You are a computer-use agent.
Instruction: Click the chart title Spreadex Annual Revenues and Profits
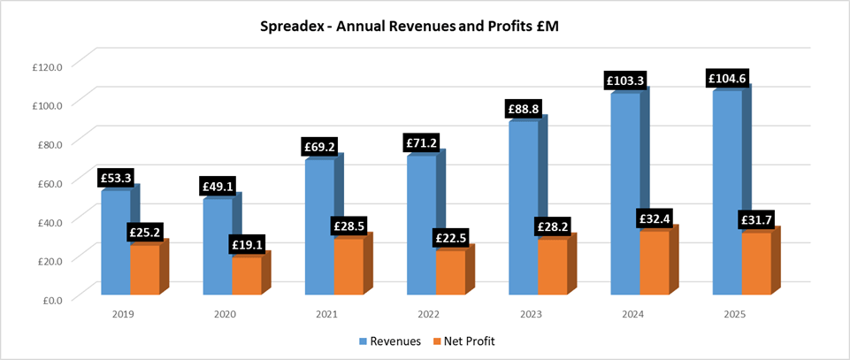pyautogui.click(x=425, y=27)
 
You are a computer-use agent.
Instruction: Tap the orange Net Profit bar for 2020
pyautogui.click(x=247, y=275)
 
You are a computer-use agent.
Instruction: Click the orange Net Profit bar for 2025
pyautogui.click(x=756, y=264)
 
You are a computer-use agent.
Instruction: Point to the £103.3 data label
pyautogui.click(x=624, y=80)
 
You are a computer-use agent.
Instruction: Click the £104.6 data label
pyautogui.click(x=727, y=79)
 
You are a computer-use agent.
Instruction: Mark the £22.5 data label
pyautogui.click(x=451, y=238)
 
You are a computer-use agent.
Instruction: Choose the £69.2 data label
pyautogui.click(x=318, y=147)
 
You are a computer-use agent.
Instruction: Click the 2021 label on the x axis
pyautogui.click(x=326, y=314)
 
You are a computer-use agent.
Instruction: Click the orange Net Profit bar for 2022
pyautogui.click(x=450, y=272)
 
